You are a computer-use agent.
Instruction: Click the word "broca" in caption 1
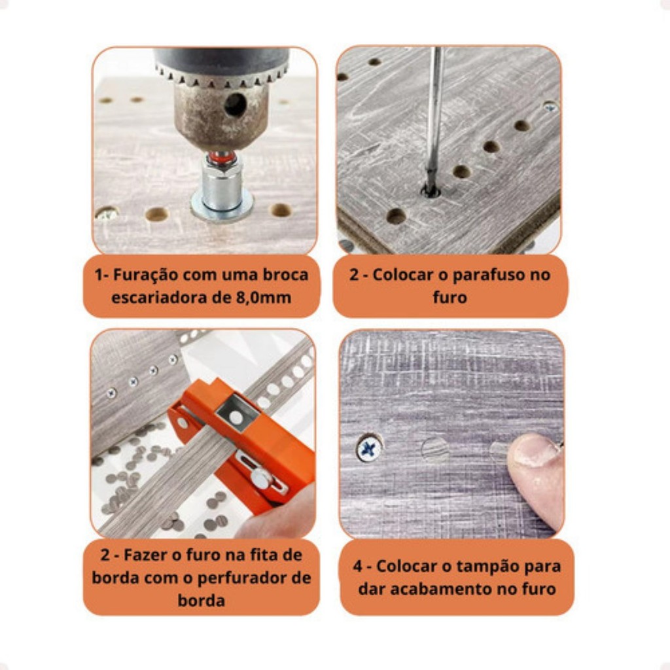click(x=285, y=275)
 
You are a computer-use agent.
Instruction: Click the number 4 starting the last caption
click(x=358, y=567)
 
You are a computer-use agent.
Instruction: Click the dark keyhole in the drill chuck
click(x=235, y=105)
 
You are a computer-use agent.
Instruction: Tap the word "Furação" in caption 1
click(x=145, y=275)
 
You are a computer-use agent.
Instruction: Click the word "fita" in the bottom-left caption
click(x=268, y=555)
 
